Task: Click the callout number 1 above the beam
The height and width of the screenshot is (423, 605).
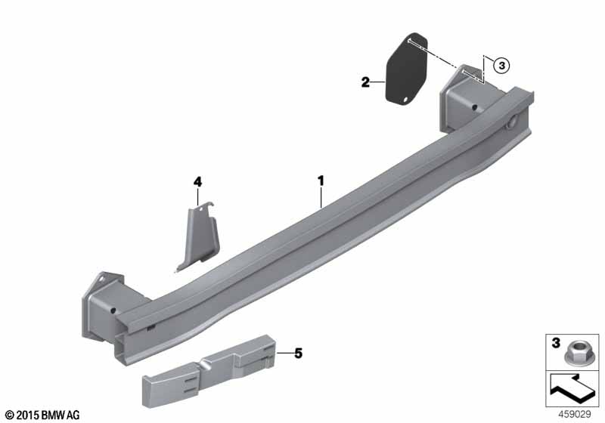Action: pos(321,181)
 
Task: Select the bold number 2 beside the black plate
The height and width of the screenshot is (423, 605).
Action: pos(365,82)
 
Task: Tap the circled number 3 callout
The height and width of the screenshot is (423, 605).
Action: pos(501,66)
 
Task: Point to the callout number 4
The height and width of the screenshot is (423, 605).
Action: pos(197,181)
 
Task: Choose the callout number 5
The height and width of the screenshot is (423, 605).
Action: pos(298,354)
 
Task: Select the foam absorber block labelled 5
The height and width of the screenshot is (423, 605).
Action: pos(210,370)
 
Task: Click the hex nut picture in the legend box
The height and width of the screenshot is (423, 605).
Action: pos(574,354)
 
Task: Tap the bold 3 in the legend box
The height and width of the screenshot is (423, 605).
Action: pos(556,343)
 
